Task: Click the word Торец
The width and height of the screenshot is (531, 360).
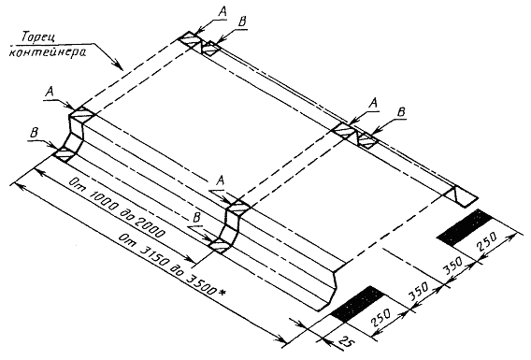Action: pyautogui.click(x=37, y=37)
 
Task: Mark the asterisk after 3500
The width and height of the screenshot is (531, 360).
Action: pyautogui.click(x=222, y=292)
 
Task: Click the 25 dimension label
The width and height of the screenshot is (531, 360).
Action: pyautogui.click(x=347, y=341)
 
